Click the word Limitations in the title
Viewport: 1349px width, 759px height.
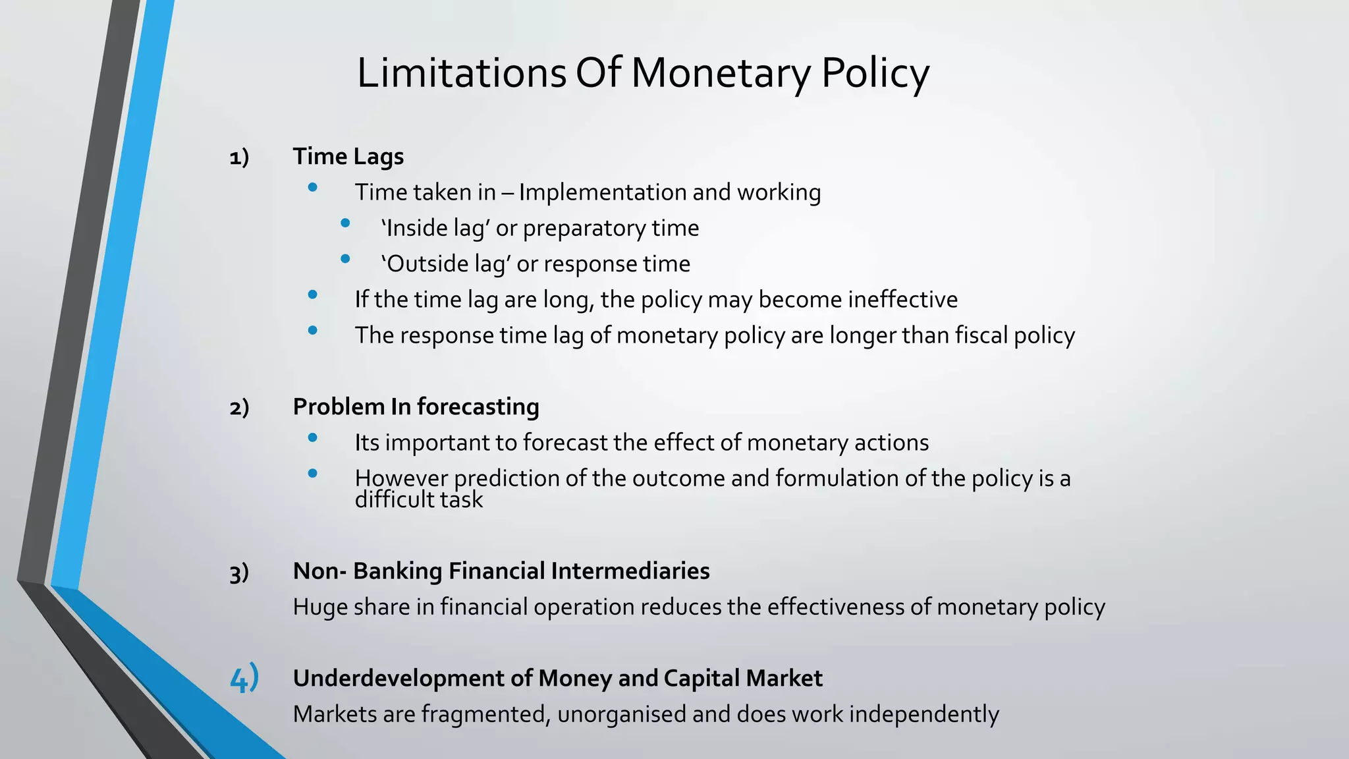coord(461,72)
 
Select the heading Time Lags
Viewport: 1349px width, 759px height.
coord(348,157)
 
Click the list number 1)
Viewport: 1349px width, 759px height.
coord(239,157)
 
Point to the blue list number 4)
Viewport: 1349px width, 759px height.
coord(244,679)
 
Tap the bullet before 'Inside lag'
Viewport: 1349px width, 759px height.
coord(345,224)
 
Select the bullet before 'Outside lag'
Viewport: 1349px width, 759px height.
coord(345,260)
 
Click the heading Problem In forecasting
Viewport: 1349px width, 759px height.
coord(416,407)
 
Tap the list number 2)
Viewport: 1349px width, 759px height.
coord(239,408)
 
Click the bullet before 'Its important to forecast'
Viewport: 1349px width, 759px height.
coord(313,437)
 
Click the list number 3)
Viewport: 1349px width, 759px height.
coord(239,572)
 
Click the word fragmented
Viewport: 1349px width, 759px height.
coord(485,714)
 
